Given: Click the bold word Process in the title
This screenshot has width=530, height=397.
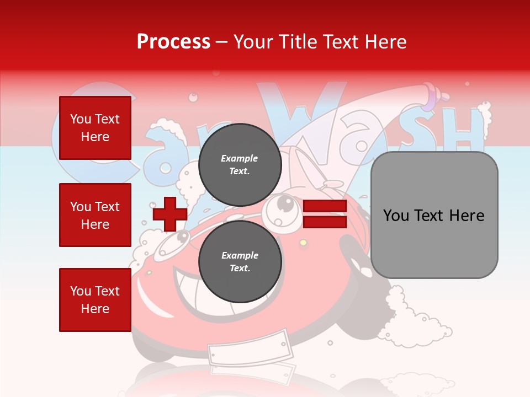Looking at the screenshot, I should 173,42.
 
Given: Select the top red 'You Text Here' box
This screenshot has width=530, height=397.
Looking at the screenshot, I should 95,128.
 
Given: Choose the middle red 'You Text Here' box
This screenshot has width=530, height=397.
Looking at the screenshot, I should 95,215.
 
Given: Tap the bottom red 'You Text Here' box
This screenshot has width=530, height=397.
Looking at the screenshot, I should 95,300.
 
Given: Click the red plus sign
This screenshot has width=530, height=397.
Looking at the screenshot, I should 170,214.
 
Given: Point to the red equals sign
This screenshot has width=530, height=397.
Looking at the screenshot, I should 325,214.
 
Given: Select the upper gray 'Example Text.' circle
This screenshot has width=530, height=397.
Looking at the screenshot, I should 240,165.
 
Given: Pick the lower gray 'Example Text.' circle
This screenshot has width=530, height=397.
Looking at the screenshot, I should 240,262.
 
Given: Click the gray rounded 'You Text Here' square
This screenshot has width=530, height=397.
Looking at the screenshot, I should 434,215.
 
